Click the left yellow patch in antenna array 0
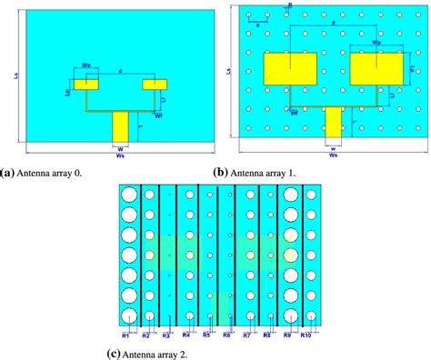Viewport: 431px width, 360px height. (86, 85)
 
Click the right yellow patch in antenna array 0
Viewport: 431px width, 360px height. (155, 85)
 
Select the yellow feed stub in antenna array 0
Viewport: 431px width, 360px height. (122, 126)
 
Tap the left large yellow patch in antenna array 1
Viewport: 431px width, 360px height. (289, 67)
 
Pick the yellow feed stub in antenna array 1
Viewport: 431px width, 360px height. (334, 122)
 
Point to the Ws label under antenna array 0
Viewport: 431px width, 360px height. (121, 156)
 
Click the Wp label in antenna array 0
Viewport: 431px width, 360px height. (86, 65)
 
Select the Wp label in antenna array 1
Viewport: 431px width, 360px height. (376, 43)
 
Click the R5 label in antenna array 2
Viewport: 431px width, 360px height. (206, 335)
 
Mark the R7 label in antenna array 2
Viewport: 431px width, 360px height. (246, 335)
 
